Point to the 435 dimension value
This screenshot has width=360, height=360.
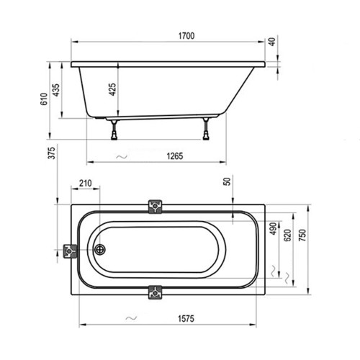(56, 92)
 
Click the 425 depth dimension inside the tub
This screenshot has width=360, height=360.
(112, 89)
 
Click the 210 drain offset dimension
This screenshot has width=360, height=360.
(86, 184)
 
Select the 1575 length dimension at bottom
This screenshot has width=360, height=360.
(186, 318)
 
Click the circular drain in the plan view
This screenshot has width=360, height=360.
(99, 250)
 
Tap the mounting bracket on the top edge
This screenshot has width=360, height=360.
(154, 207)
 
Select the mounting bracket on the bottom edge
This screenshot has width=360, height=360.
(154, 292)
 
